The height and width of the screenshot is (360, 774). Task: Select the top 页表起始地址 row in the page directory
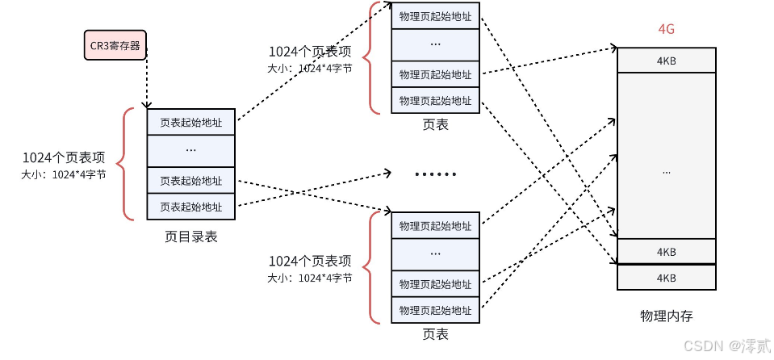(x=190, y=123)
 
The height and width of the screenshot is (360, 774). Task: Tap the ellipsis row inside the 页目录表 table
(x=190, y=150)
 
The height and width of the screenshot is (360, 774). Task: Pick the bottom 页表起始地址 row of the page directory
(x=190, y=207)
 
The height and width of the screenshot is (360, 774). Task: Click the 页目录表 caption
(x=190, y=237)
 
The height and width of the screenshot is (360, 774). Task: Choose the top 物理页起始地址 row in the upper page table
(x=435, y=16)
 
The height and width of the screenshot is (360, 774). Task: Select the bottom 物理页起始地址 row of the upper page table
(x=435, y=100)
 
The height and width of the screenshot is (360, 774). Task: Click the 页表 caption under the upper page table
(x=435, y=125)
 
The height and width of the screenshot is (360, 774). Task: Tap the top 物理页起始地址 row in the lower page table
(x=435, y=225)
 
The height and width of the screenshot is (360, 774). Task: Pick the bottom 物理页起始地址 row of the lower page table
(x=435, y=309)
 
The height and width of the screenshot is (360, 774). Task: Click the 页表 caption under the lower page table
(x=435, y=334)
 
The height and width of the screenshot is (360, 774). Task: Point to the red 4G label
(x=666, y=30)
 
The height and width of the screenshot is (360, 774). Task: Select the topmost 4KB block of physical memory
(x=666, y=61)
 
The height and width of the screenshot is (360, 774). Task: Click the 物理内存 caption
(x=666, y=316)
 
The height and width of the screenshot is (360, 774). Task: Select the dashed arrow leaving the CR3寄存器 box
(x=146, y=81)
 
